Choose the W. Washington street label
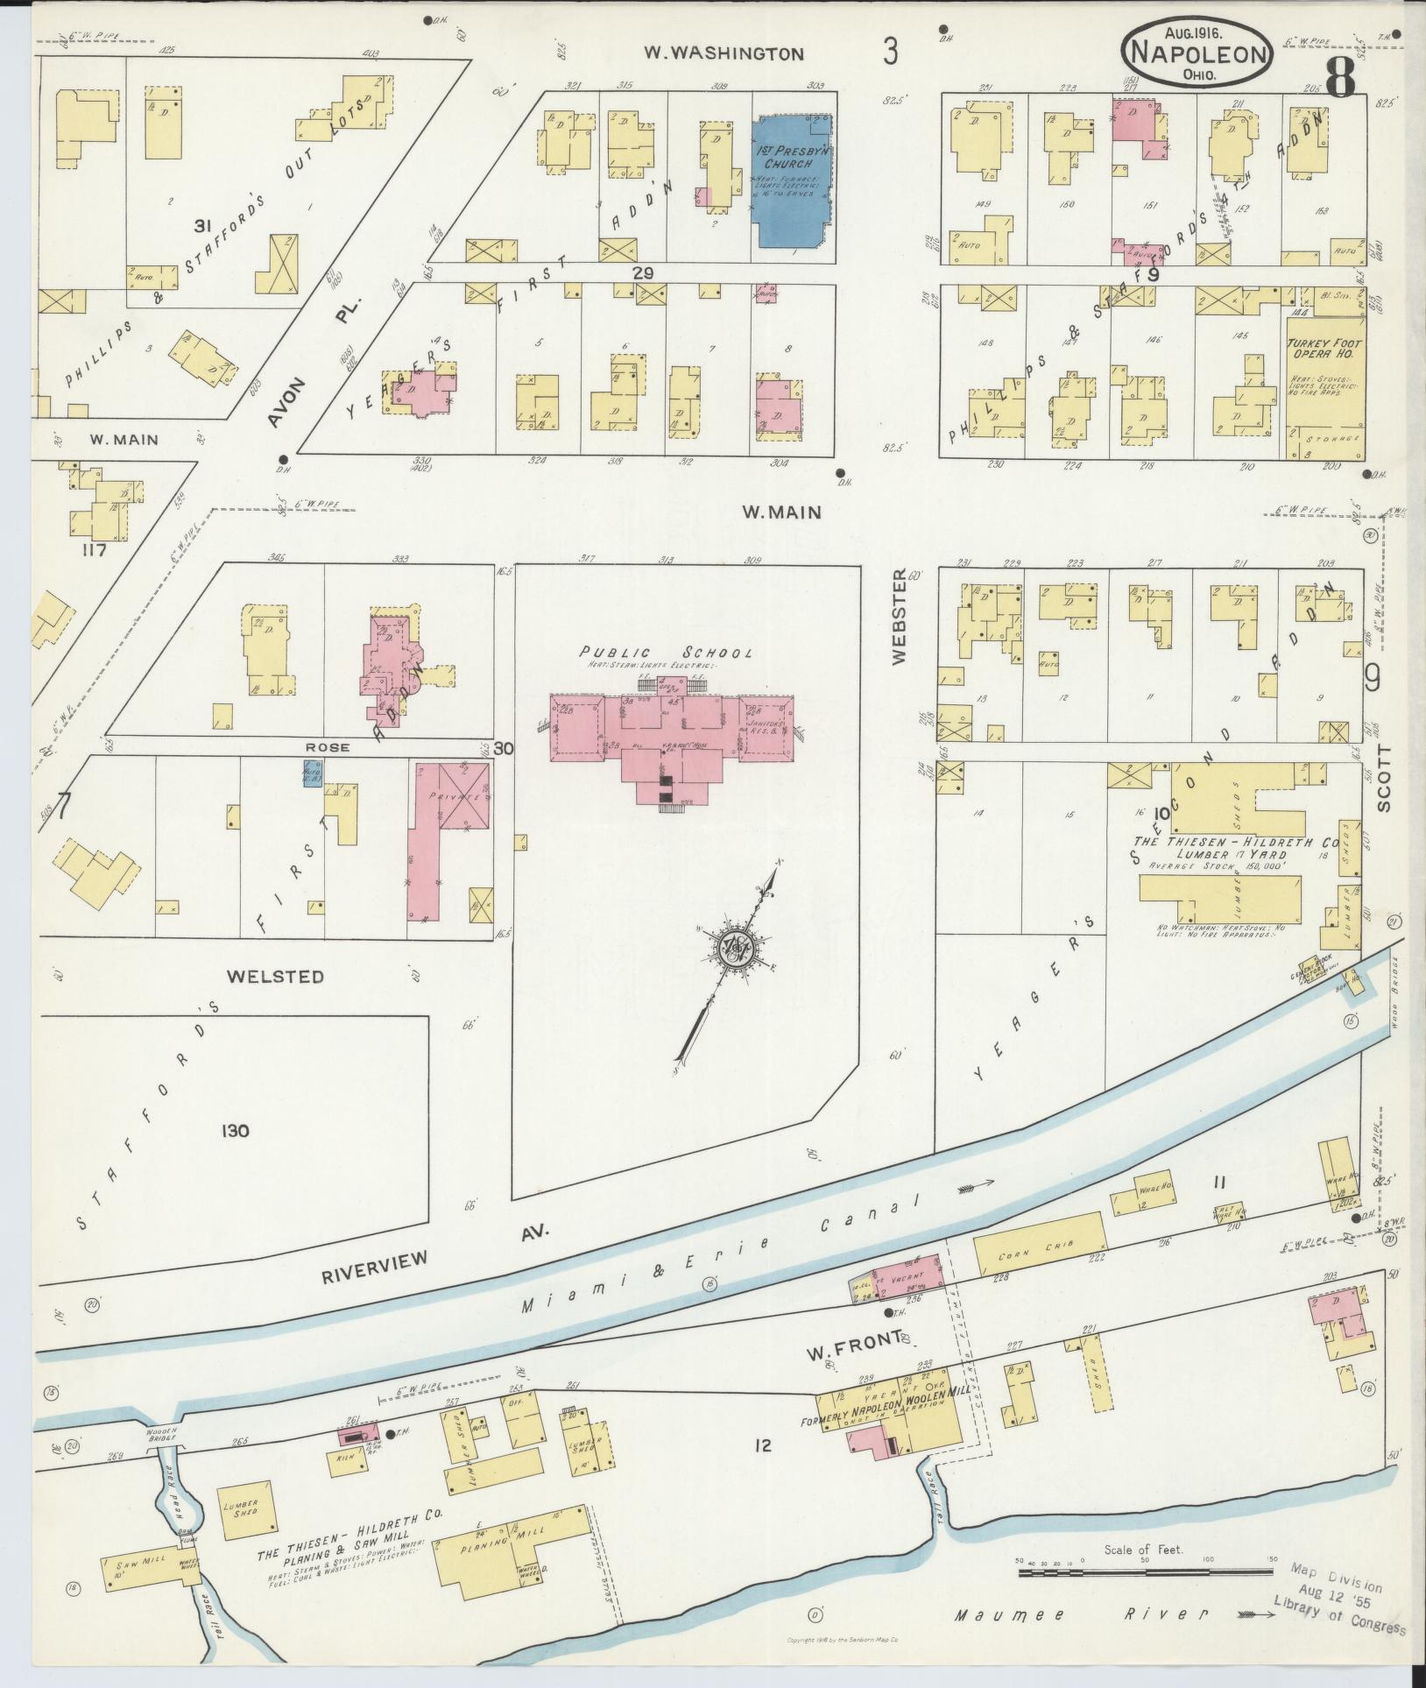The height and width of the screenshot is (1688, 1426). [724, 53]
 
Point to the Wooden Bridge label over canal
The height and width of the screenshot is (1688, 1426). [162, 1434]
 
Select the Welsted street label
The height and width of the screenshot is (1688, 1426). [275, 976]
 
